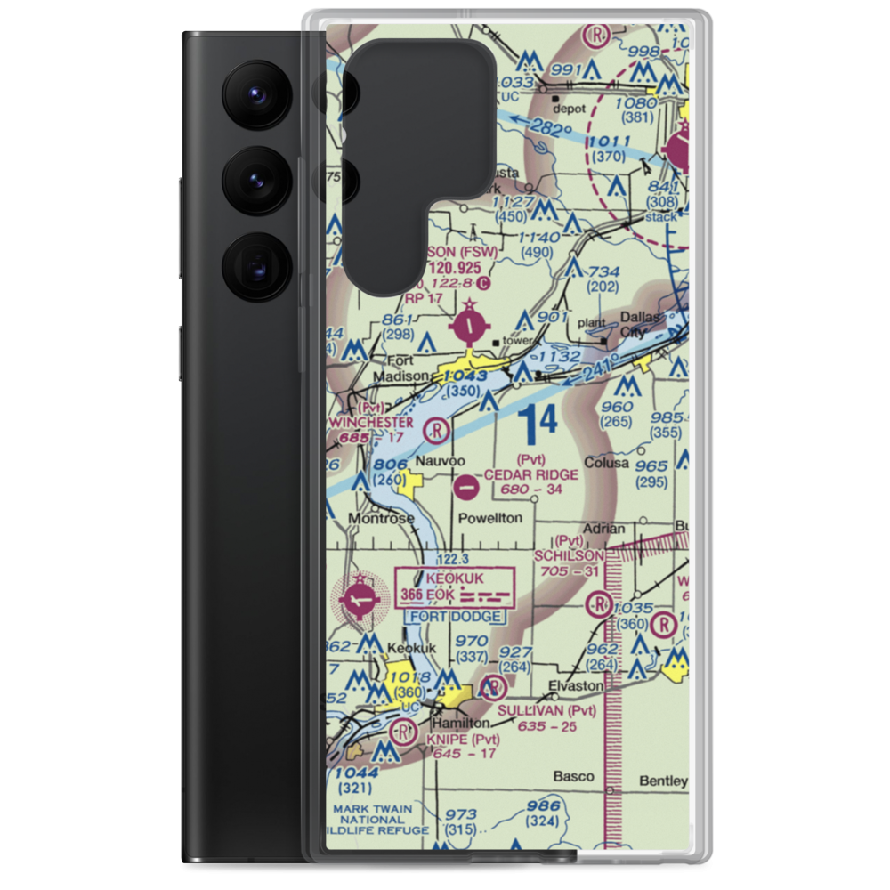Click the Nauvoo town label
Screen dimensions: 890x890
438,462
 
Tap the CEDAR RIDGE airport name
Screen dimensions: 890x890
531,474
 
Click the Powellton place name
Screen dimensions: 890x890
490,518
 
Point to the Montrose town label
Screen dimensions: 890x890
381,518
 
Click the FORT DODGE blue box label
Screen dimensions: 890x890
455,616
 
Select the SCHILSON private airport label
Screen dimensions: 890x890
569,555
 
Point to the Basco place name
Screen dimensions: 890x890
573,776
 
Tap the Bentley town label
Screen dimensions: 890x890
664,781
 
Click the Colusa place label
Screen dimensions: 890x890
606,463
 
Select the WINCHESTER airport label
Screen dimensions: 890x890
371,422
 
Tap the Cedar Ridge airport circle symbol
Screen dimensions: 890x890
465,487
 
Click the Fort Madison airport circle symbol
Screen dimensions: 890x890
471,328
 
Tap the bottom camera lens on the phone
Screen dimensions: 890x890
252,265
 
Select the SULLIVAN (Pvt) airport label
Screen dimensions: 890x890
546,710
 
